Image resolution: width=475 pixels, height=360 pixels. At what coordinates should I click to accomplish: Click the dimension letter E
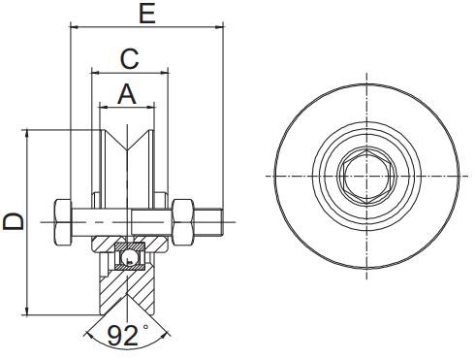(146, 14)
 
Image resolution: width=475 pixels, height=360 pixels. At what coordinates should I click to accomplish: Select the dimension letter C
(129, 58)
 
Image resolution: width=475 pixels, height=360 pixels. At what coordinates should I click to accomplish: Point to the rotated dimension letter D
(14, 221)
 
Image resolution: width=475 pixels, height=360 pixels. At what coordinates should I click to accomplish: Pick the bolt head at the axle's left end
(61, 221)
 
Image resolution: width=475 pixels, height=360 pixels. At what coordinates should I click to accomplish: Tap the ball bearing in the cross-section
(128, 255)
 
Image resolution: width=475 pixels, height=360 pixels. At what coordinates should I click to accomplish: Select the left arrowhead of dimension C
(94, 71)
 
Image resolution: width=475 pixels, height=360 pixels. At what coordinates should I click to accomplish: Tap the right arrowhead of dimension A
(153, 106)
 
